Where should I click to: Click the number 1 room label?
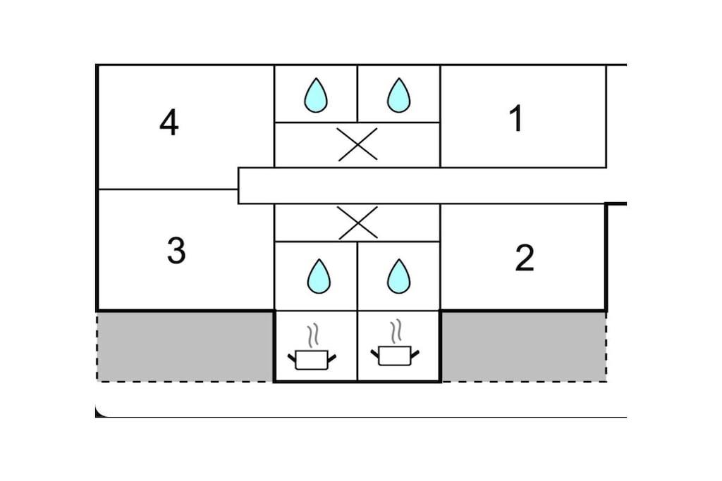pyautogui.click(x=516, y=118)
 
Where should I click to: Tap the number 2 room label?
pyautogui.click(x=524, y=258)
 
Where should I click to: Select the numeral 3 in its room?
pyautogui.click(x=176, y=250)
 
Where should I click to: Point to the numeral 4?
pyautogui.click(x=169, y=124)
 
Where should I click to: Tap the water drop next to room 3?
pyautogui.click(x=319, y=276)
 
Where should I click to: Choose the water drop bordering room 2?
pyautogui.click(x=398, y=276)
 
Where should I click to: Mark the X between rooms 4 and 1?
pyautogui.click(x=357, y=144)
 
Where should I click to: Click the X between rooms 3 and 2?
pyautogui.click(x=357, y=223)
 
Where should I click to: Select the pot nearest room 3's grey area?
pyautogui.click(x=311, y=359)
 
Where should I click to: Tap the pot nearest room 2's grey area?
pyautogui.click(x=394, y=355)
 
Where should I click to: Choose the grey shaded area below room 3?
pyautogui.click(x=185, y=346)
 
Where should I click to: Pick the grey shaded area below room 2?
pyautogui.click(x=523, y=346)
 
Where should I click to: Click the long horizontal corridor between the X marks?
pyautogui.click(x=423, y=186)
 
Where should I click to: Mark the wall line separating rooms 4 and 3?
pyautogui.click(x=168, y=189)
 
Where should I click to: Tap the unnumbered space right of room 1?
pyautogui.click(x=616, y=116)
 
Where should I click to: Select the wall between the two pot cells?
pyautogui.click(x=357, y=346)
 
